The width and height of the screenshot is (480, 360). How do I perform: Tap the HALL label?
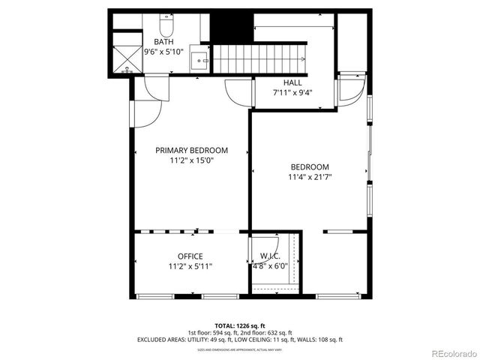coord(292,82)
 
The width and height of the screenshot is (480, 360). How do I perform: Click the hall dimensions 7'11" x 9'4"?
coord(292,94)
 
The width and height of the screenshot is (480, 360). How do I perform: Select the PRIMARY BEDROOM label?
coord(191,150)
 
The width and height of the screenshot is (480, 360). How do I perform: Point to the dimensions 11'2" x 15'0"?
coord(191,160)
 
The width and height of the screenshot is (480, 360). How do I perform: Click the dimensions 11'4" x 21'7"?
coord(310,178)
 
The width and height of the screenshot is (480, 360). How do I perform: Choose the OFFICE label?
coord(190,256)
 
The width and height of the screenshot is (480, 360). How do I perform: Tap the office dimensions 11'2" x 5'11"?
coord(190,266)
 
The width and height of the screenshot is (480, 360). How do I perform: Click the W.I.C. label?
coord(271,256)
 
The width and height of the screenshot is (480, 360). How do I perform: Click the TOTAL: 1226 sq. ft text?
coord(239,325)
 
